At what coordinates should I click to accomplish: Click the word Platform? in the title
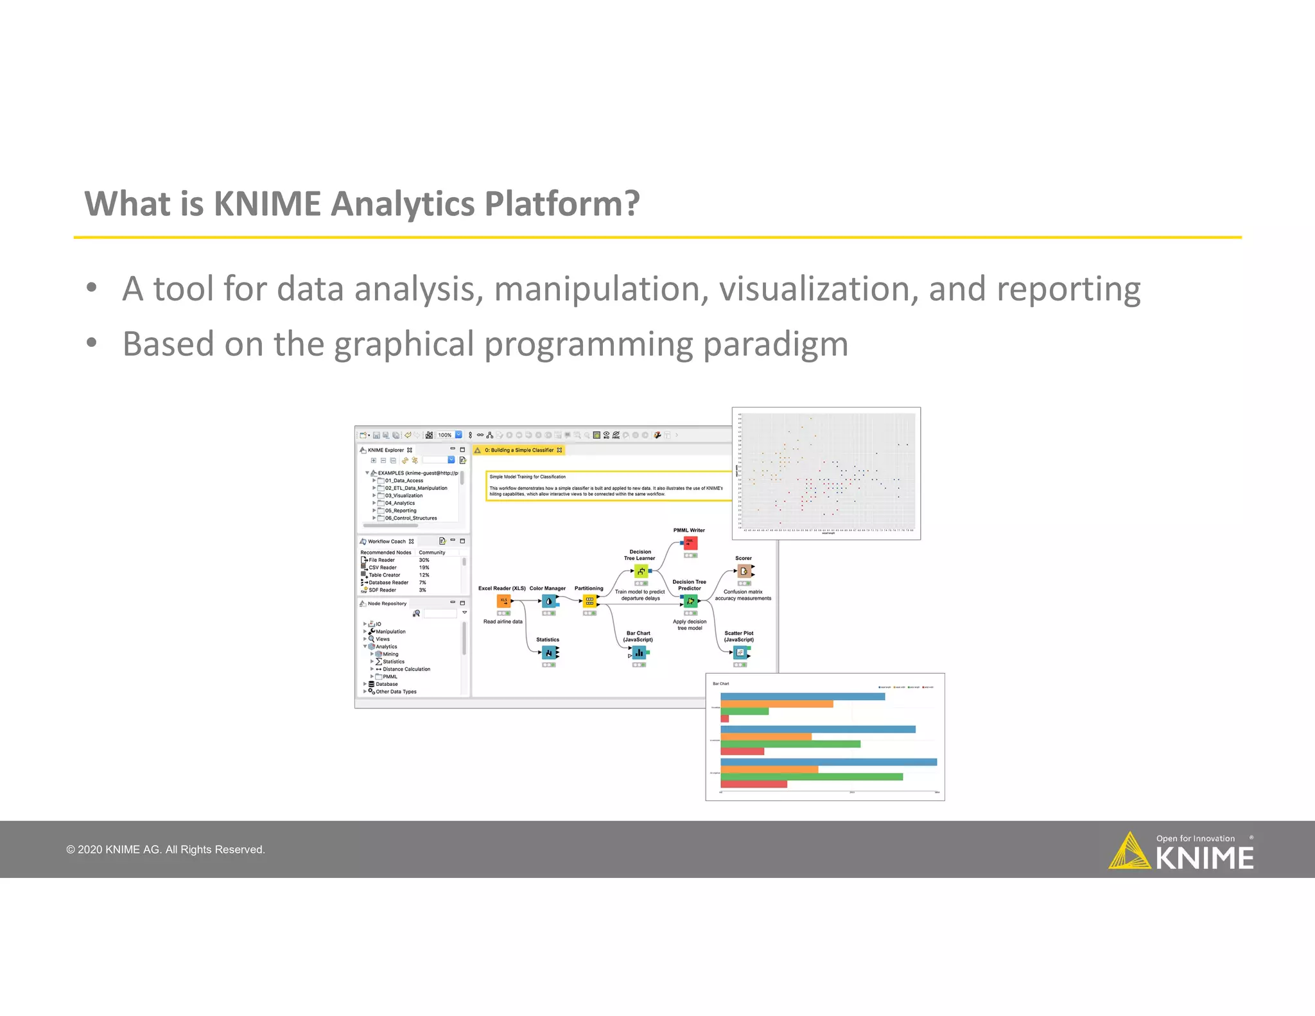click(x=562, y=204)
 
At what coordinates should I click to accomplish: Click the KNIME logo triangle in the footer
click(x=1129, y=852)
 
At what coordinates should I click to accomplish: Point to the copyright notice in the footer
click(x=166, y=850)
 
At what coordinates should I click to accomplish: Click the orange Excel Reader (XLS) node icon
click(x=504, y=601)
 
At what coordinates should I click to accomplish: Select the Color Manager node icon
click(x=549, y=601)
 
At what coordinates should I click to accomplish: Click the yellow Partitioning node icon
click(x=589, y=601)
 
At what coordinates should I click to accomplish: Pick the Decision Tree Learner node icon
click(x=641, y=571)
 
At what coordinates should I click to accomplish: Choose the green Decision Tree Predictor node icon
click(x=690, y=601)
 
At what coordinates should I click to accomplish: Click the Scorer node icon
click(x=744, y=571)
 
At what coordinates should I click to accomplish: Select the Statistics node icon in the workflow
click(x=549, y=653)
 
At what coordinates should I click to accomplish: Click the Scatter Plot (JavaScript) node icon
click(x=740, y=653)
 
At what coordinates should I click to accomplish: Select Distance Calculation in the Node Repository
click(x=406, y=669)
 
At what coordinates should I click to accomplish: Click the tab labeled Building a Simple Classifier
click(x=518, y=450)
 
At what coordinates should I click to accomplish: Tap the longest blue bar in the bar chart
click(x=828, y=762)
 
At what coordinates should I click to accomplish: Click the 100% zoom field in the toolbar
click(x=444, y=435)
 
